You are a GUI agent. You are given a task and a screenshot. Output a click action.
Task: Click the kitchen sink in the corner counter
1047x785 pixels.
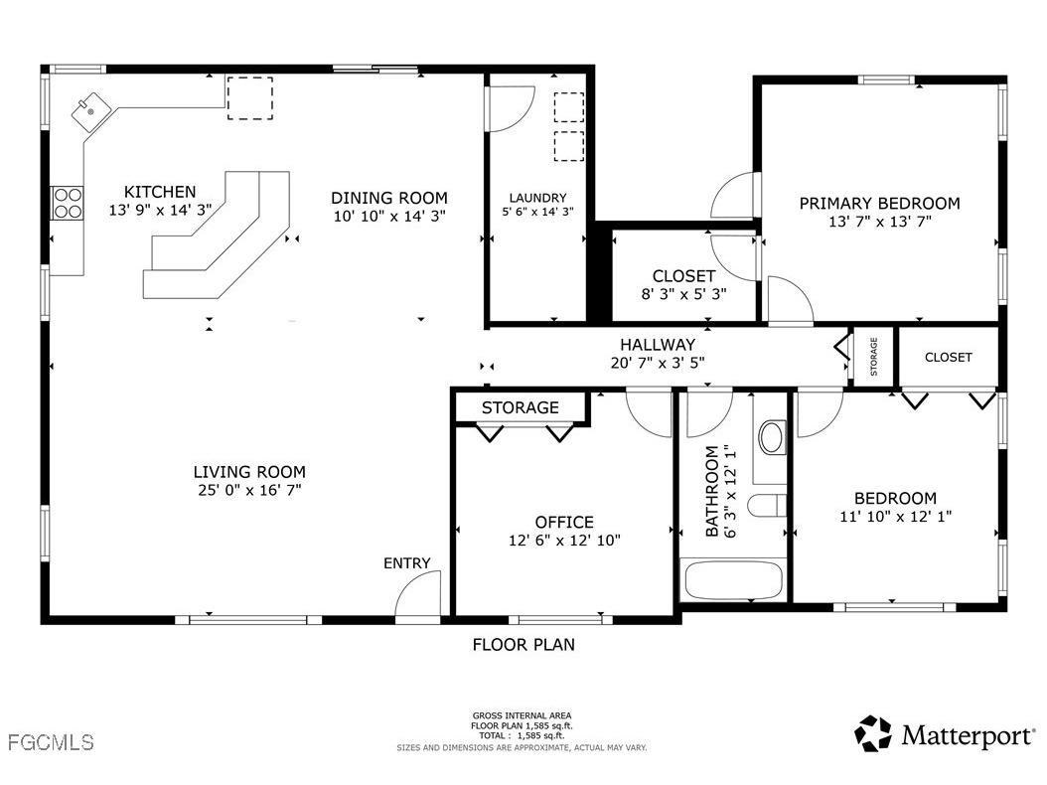click(x=89, y=110)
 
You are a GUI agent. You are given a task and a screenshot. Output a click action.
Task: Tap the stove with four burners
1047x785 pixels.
click(x=68, y=203)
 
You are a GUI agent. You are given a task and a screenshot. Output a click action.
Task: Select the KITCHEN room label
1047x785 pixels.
click(x=160, y=192)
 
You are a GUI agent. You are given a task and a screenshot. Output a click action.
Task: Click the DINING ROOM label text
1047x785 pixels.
click(x=389, y=198)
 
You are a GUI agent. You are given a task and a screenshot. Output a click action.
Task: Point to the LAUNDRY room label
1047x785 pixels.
click(x=537, y=198)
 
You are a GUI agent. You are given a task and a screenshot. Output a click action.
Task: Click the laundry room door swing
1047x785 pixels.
click(x=511, y=109)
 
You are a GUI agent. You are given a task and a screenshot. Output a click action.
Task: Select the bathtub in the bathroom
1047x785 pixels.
click(x=733, y=580)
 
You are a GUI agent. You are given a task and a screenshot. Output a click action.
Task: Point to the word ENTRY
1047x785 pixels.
click(x=407, y=563)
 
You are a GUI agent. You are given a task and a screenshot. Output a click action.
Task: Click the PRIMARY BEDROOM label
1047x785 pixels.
click(x=879, y=204)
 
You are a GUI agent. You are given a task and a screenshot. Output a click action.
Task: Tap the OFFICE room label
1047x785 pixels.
click(x=564, y=522)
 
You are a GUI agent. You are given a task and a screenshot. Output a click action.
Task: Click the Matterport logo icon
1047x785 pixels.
click(x=873, y=733)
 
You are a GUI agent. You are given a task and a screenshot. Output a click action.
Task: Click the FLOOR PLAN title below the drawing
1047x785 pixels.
click(x=523, y=645)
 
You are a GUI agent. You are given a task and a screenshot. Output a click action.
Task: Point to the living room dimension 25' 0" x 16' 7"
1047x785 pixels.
click(x=249, y=490)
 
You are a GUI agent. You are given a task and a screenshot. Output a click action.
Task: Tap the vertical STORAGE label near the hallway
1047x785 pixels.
click(x=874, y=356)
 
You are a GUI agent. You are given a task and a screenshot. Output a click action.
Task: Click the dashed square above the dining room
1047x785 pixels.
click(x=250, y=97)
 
